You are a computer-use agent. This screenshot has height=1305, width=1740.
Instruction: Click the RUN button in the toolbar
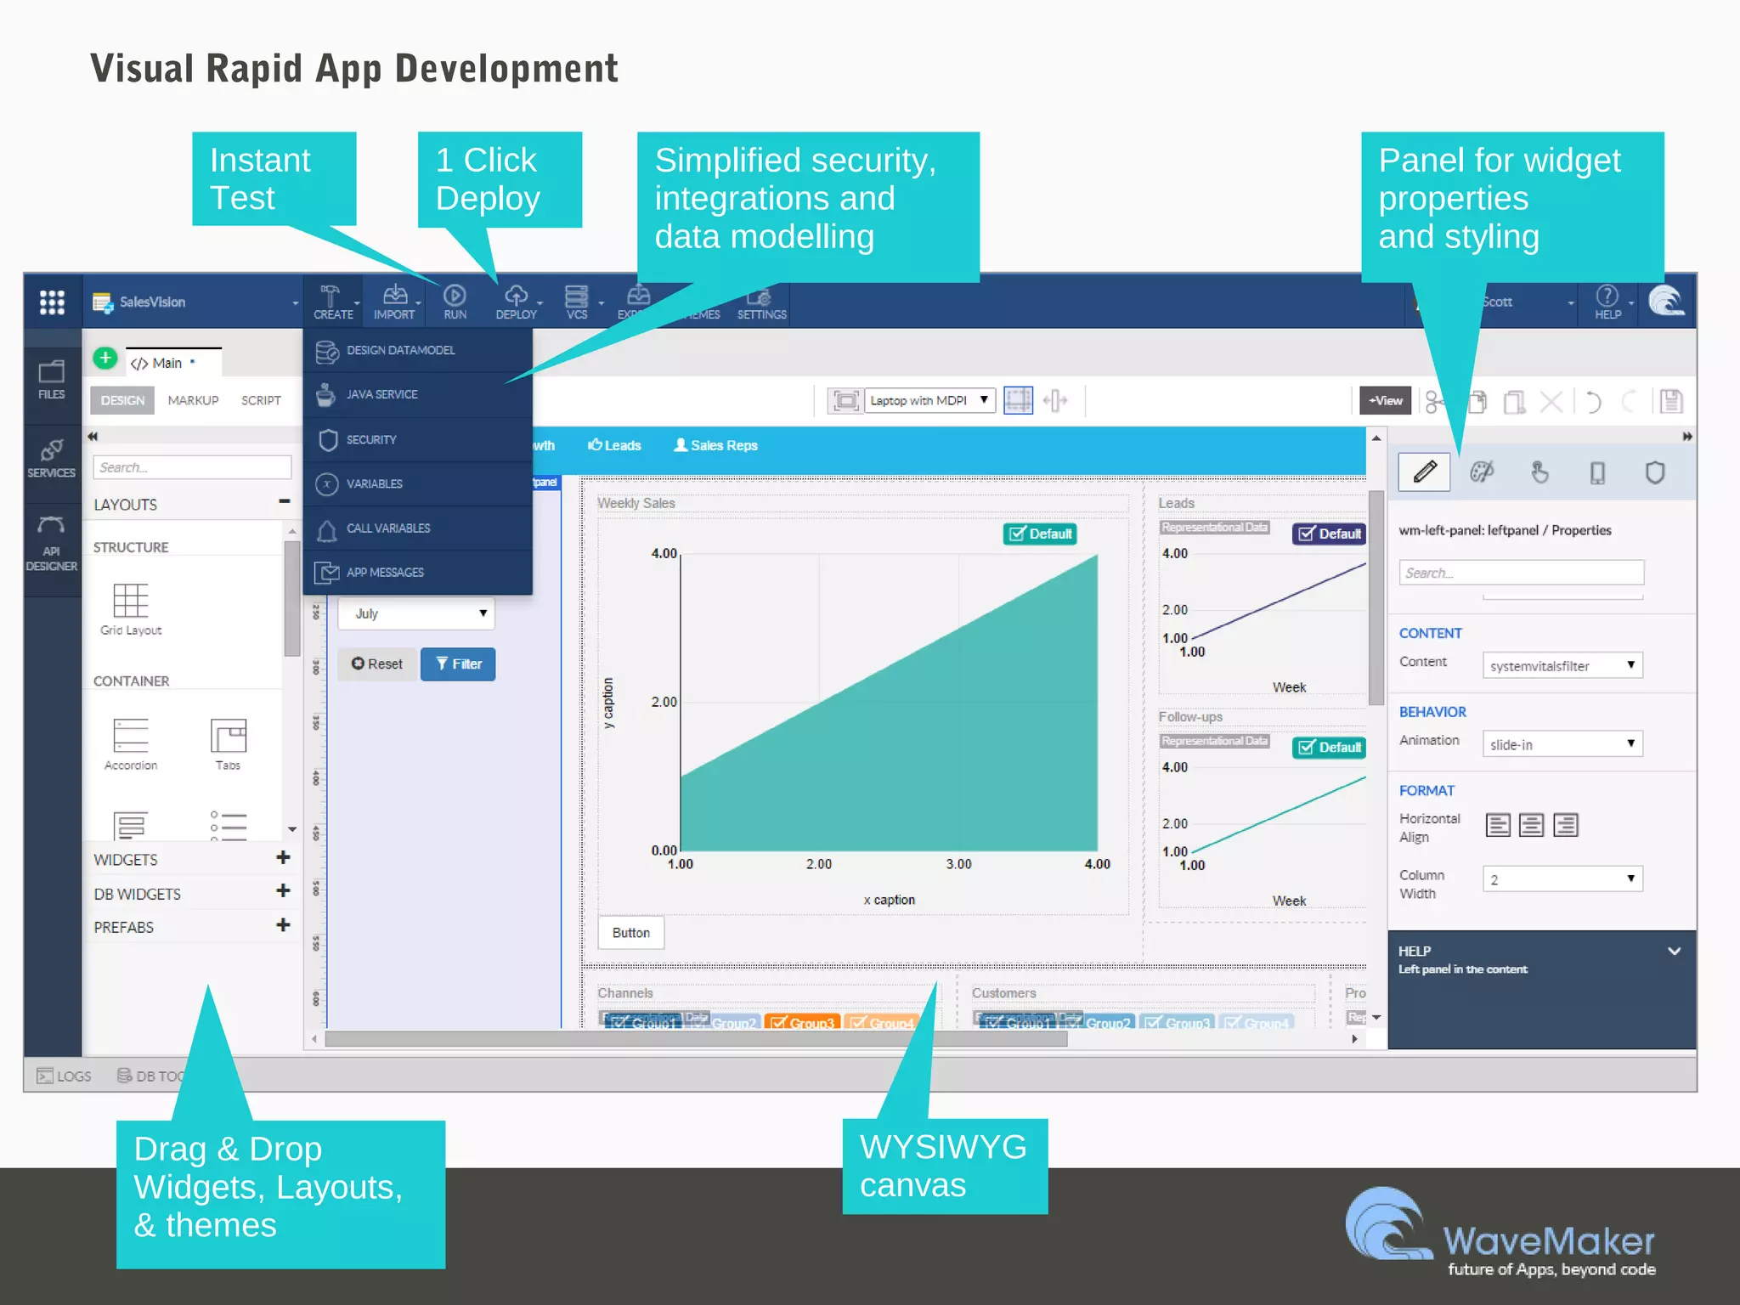tap(455, 301)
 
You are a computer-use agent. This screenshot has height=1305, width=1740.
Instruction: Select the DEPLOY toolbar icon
tap(516, 301)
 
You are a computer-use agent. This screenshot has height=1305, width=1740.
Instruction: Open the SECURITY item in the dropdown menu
tap(371, 440)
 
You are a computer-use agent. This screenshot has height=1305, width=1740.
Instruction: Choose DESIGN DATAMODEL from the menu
tap(400, 350)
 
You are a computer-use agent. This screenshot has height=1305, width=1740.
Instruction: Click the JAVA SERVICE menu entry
tap(381, 395)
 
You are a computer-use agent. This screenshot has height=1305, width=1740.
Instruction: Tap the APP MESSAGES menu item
tap(385, 573)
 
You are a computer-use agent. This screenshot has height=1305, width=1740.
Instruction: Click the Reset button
tap(377, 664)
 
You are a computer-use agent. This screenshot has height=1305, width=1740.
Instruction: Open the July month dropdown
tap(416, 613)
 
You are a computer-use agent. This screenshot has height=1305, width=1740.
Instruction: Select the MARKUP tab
tap(193, 400)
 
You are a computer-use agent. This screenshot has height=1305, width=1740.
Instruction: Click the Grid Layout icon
tap(131, 607)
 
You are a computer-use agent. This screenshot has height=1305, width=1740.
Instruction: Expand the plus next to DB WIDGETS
tap(283, 891)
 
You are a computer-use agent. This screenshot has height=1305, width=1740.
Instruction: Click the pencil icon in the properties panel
tap(1425, 472)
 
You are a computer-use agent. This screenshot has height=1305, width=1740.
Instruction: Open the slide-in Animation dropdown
tap(1562, 744)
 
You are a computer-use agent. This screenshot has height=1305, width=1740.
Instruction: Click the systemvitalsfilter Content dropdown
tap(1562, 665)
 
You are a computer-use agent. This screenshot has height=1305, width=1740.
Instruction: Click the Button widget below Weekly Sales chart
tap(630, 933)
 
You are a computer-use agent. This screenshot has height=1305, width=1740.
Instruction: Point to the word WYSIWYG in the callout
tap(942, 1147)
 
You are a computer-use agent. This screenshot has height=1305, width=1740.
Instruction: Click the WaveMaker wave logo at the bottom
tap(1387, 1224)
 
